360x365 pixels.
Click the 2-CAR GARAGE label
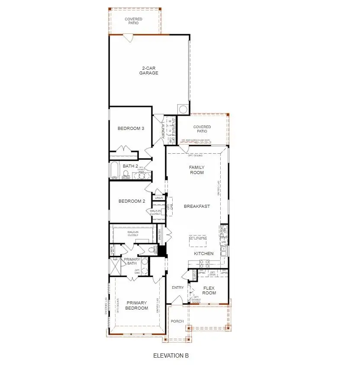(x=148, y=71)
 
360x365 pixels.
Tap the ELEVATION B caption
(x=171, y=356)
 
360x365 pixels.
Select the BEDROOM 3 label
(x=131, y=129)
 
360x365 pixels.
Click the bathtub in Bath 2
(x=114, y=170)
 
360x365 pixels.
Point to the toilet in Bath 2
(x=126, y=174)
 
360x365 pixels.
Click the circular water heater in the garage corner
(x=183, y=109)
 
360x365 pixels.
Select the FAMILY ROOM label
(x=197, y=170)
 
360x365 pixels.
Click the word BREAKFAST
(x=197, y=206)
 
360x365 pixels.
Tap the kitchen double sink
(x=224, y=250)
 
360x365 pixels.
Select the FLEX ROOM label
(x=209, y=290)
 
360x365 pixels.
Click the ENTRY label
(x=178, y=287)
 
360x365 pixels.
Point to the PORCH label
(x=177, y=321)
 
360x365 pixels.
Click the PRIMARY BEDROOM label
(x=137, y=306)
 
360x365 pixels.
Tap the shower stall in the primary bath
(x=115, y=265)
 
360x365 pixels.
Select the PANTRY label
(x=160, y=234)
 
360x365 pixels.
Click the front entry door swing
(x=177, y=300)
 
